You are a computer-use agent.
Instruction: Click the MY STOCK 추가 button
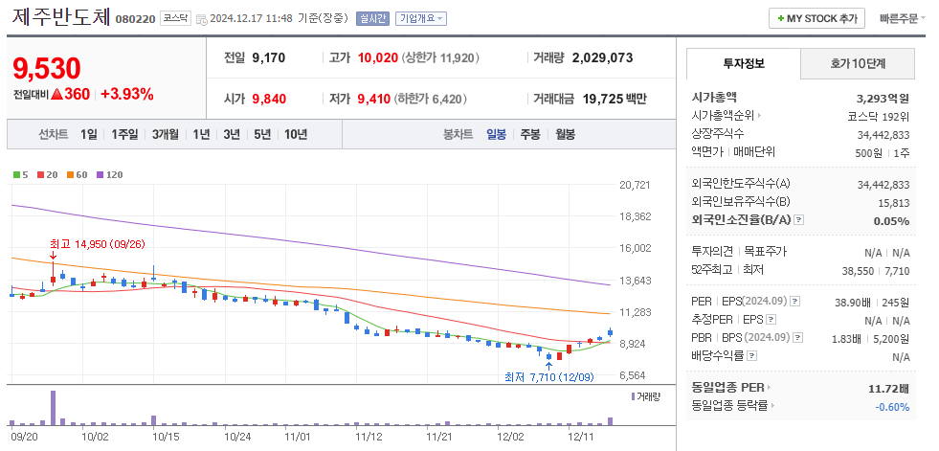coord(816,19)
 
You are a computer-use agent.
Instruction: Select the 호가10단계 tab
coord(857,63)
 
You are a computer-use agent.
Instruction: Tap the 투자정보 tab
coord(744,63)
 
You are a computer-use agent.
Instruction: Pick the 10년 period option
coord(295,134)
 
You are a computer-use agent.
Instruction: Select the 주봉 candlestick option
coord(529,134)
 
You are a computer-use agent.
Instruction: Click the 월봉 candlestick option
coord(565,134)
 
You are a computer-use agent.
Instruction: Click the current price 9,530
coord(47,69)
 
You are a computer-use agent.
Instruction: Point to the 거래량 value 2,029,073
coord(602,57)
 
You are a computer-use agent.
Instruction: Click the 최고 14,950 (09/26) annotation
coord(97,244)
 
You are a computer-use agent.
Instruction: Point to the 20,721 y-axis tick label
coord(635,185)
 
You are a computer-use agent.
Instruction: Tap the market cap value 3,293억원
coord(883,98)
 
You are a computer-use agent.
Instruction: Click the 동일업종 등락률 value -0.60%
coord(892,406)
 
